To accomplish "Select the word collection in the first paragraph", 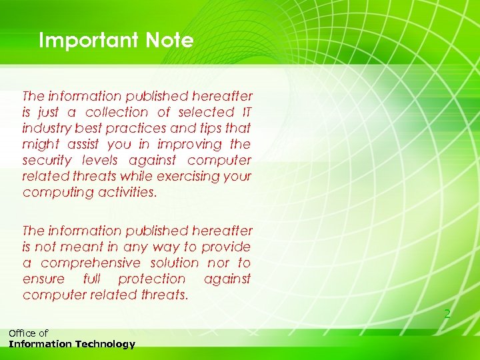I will coord(117,112).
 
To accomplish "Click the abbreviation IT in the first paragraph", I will coord(245,112).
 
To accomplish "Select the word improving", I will coord(191,144).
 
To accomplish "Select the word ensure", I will coord(43,279).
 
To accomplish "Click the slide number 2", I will coord(447,313).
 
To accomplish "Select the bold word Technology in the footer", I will coord(107,344).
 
